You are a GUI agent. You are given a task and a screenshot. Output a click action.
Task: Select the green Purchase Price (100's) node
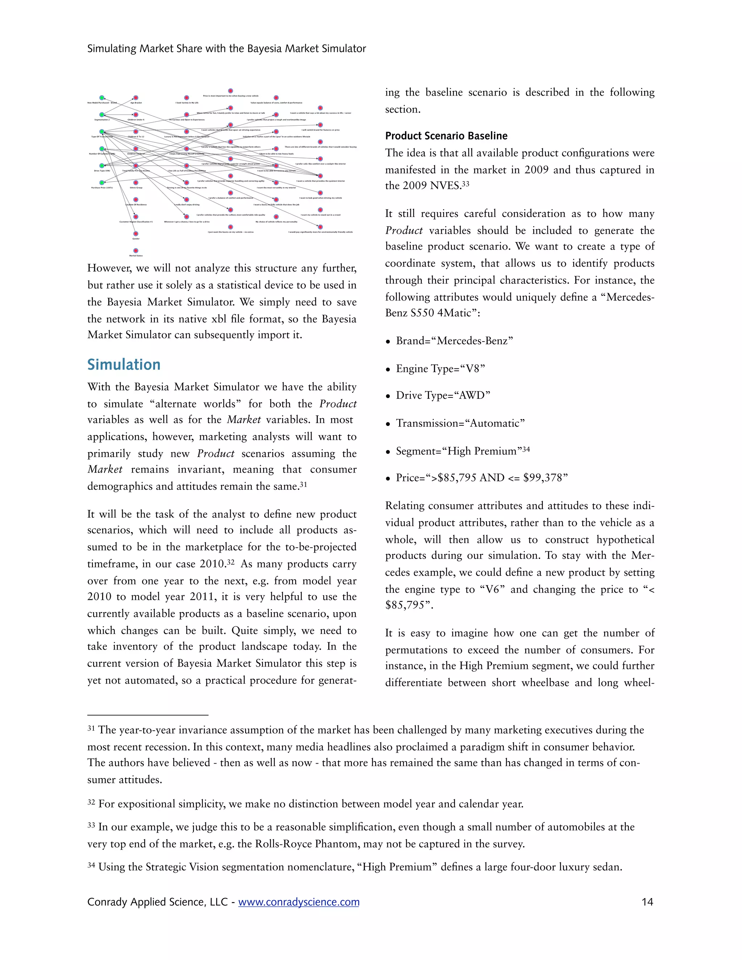point(102,183)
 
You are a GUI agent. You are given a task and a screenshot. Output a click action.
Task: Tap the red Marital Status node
point(136,251)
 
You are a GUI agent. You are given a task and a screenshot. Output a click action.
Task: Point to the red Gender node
point(136,234)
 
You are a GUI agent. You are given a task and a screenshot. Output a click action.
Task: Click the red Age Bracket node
point(136,97)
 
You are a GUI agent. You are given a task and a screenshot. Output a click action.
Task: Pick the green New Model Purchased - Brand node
point(102,97)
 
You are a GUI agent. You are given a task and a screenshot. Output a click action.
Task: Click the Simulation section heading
point(124,364)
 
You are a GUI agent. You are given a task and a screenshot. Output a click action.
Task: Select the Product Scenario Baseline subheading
point(446,136)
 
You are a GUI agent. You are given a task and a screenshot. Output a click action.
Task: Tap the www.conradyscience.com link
point(299,902)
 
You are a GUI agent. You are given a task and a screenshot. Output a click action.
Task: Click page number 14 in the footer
point(647,902)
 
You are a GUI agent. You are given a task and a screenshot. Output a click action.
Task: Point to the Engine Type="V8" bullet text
point(441,368)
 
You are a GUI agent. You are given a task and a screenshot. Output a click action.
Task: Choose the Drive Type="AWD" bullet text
point(443,395)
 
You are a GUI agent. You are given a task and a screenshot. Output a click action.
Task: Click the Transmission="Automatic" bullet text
point(460,423)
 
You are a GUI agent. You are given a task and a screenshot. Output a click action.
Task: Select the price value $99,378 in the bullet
point(545,478)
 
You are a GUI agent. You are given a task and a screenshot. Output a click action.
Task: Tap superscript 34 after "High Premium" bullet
point(526,449)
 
